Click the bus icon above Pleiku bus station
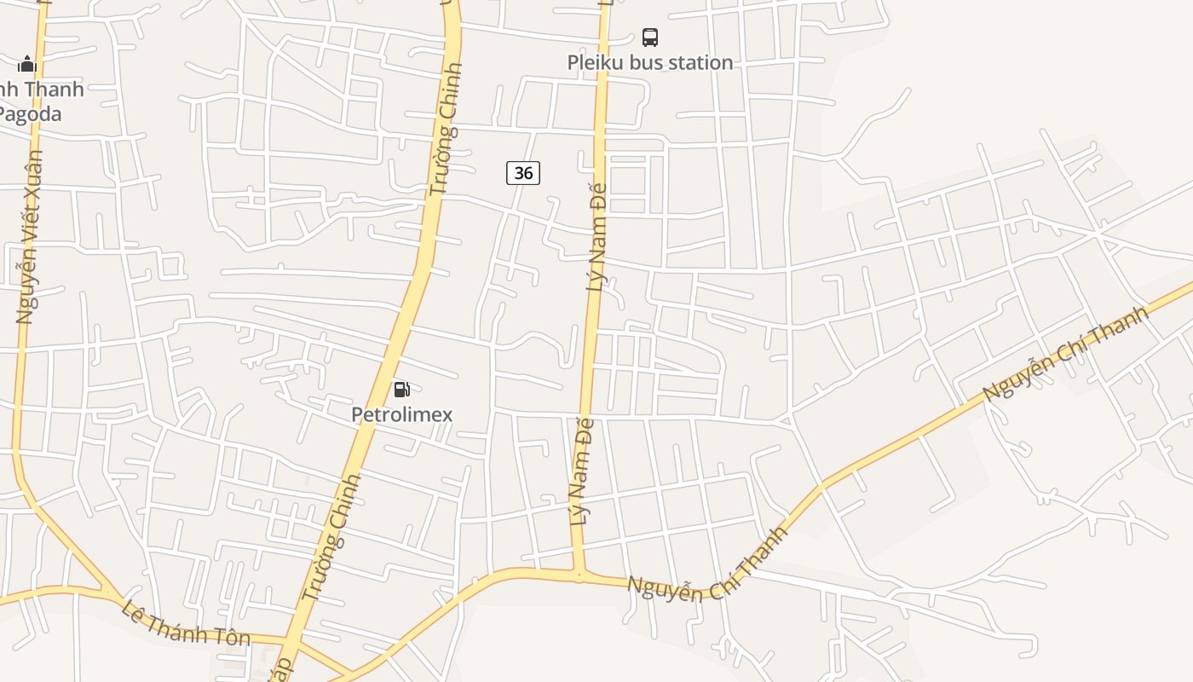click(x=650, y=38)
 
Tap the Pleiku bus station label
click(x=650, y=62)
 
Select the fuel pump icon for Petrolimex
click(x=401, y=390)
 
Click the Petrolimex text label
click(x=402, y=415)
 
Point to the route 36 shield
click(x=523, y=173)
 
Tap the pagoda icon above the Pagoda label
click(x=27, y=64)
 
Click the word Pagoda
click(x=31, y=113)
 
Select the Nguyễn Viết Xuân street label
click(x=30, y=237)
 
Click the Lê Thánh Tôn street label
click(x=186, y=623)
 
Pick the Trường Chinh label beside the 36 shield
click(x=445, y=128)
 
